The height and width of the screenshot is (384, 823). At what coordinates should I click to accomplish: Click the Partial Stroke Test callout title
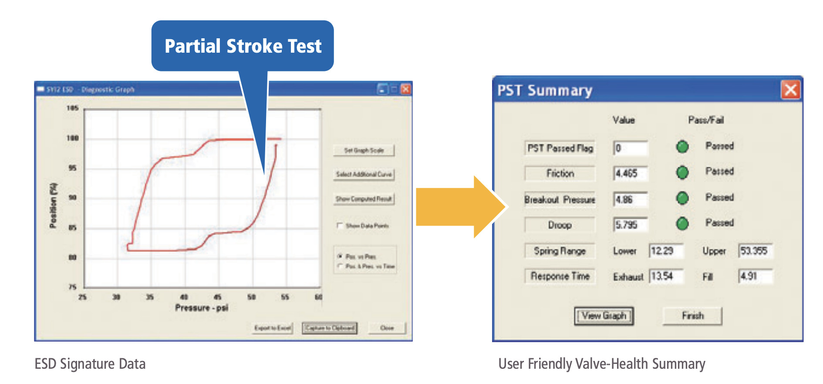(243, 46)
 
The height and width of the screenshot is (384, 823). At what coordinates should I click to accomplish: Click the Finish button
(692, 316)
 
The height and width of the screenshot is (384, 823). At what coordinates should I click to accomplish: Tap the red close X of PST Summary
(790, 90)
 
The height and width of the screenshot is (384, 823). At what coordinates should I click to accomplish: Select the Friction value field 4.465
(630, 173)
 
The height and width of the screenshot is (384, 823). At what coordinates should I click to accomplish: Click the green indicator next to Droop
(682, 223)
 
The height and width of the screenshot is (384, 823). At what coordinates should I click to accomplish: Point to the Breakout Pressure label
(560, 199)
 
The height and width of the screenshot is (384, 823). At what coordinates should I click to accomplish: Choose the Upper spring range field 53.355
(755, 251)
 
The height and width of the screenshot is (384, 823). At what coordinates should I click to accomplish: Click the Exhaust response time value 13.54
(666, 276)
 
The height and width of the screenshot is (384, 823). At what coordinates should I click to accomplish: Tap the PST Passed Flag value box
(630, 148)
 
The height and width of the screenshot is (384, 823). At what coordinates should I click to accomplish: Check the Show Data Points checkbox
(340, 226)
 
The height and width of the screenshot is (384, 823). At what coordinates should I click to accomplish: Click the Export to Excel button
(273, 328)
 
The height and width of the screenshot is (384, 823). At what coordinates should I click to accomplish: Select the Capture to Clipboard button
(330, 328)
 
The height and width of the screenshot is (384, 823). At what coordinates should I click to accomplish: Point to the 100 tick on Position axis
(72, 138)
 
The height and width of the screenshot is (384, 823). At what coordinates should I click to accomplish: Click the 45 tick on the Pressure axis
(217, 297)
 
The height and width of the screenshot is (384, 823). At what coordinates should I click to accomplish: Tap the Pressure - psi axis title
(201, 308)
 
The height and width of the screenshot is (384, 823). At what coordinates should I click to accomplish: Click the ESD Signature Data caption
(90, 364)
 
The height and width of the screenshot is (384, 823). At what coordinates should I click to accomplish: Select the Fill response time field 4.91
(755, 276)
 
